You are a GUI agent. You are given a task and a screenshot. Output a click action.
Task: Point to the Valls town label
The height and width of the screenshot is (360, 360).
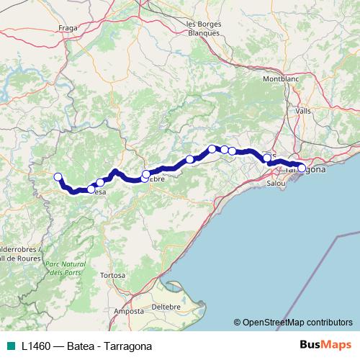pos(303,111)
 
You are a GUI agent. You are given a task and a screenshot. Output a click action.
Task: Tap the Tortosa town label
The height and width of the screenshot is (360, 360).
pos(113,276)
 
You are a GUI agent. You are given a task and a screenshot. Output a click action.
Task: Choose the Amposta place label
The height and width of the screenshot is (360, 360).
pos(127,311)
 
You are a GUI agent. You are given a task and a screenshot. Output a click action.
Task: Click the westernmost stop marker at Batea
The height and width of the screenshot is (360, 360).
pos(58,176)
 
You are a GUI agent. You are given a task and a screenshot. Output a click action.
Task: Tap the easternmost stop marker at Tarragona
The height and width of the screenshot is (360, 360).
pos(302,168)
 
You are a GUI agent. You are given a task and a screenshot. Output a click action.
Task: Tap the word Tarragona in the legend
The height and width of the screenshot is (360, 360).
pos(128,346)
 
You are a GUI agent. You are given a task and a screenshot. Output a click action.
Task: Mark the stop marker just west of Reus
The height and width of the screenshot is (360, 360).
pos(267,158)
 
